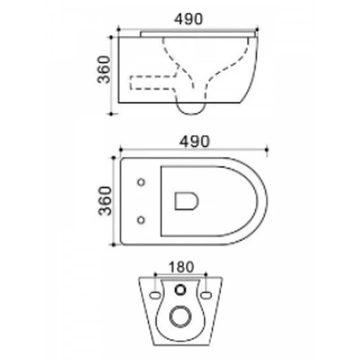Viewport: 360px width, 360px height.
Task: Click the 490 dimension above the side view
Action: pyautogui.click(x=189, y=19)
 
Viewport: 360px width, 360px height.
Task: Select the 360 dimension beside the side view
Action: pyautogui.click(x=103, y=69)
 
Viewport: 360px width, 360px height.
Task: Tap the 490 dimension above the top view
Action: pyautogui.click(x=194, y=142)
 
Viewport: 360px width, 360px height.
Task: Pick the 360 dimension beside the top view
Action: pyautogui.click(x=105, y=201)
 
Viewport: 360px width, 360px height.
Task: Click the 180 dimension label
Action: pyautogui.click(x=181, y=267)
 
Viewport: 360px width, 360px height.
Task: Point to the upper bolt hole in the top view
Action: pyautogui.click(x=141, y=182)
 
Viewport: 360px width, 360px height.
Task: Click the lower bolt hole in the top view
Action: pyautogui.click(x=141, y=220)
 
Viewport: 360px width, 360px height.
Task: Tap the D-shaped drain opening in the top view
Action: pyautogui.click(x=186, y=201)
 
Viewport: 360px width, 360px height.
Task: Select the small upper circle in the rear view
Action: pyautogui.click(x=180, y=290)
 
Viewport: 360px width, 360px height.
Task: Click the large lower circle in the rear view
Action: pyautogui.click(x=180, y=317)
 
